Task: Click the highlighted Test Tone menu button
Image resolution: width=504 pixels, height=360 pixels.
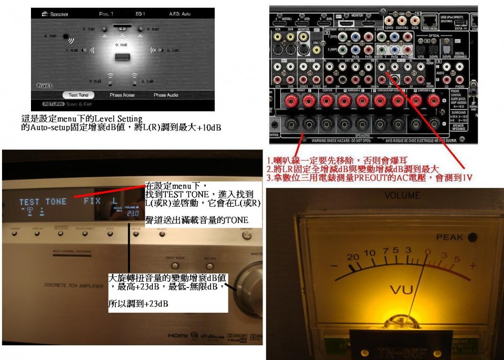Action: (78, 95)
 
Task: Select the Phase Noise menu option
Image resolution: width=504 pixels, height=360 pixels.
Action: (123, 95)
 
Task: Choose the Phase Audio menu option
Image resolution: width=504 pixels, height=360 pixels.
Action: (166, 95)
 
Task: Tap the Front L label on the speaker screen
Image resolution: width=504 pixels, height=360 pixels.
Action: (45, 85)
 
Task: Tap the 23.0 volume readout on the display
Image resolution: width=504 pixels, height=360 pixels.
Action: (132, 214)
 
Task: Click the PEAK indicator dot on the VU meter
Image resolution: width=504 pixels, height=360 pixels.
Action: (472, 237)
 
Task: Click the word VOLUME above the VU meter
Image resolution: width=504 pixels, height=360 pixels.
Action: (402, 196)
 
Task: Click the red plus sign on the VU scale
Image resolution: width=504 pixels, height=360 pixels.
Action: (472, 266)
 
